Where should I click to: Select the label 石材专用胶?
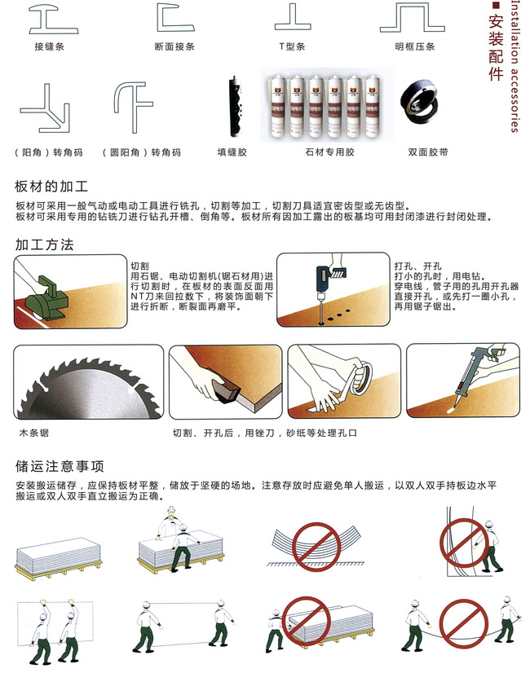click(329, 152)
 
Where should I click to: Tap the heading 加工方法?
click(44, 244)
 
